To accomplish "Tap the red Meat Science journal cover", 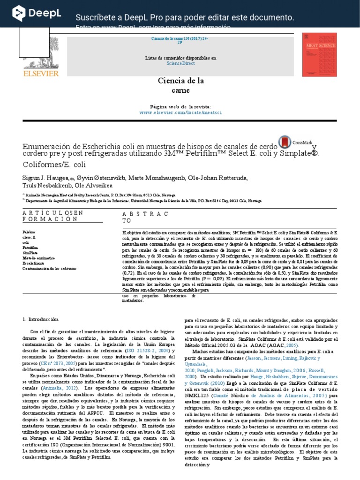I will pos(319,54).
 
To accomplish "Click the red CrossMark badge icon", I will pos(284,142).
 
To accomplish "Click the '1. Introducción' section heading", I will pos(41,319).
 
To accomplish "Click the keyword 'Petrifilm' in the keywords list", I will pos(30,247).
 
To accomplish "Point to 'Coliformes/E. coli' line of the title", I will pos(54,165).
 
